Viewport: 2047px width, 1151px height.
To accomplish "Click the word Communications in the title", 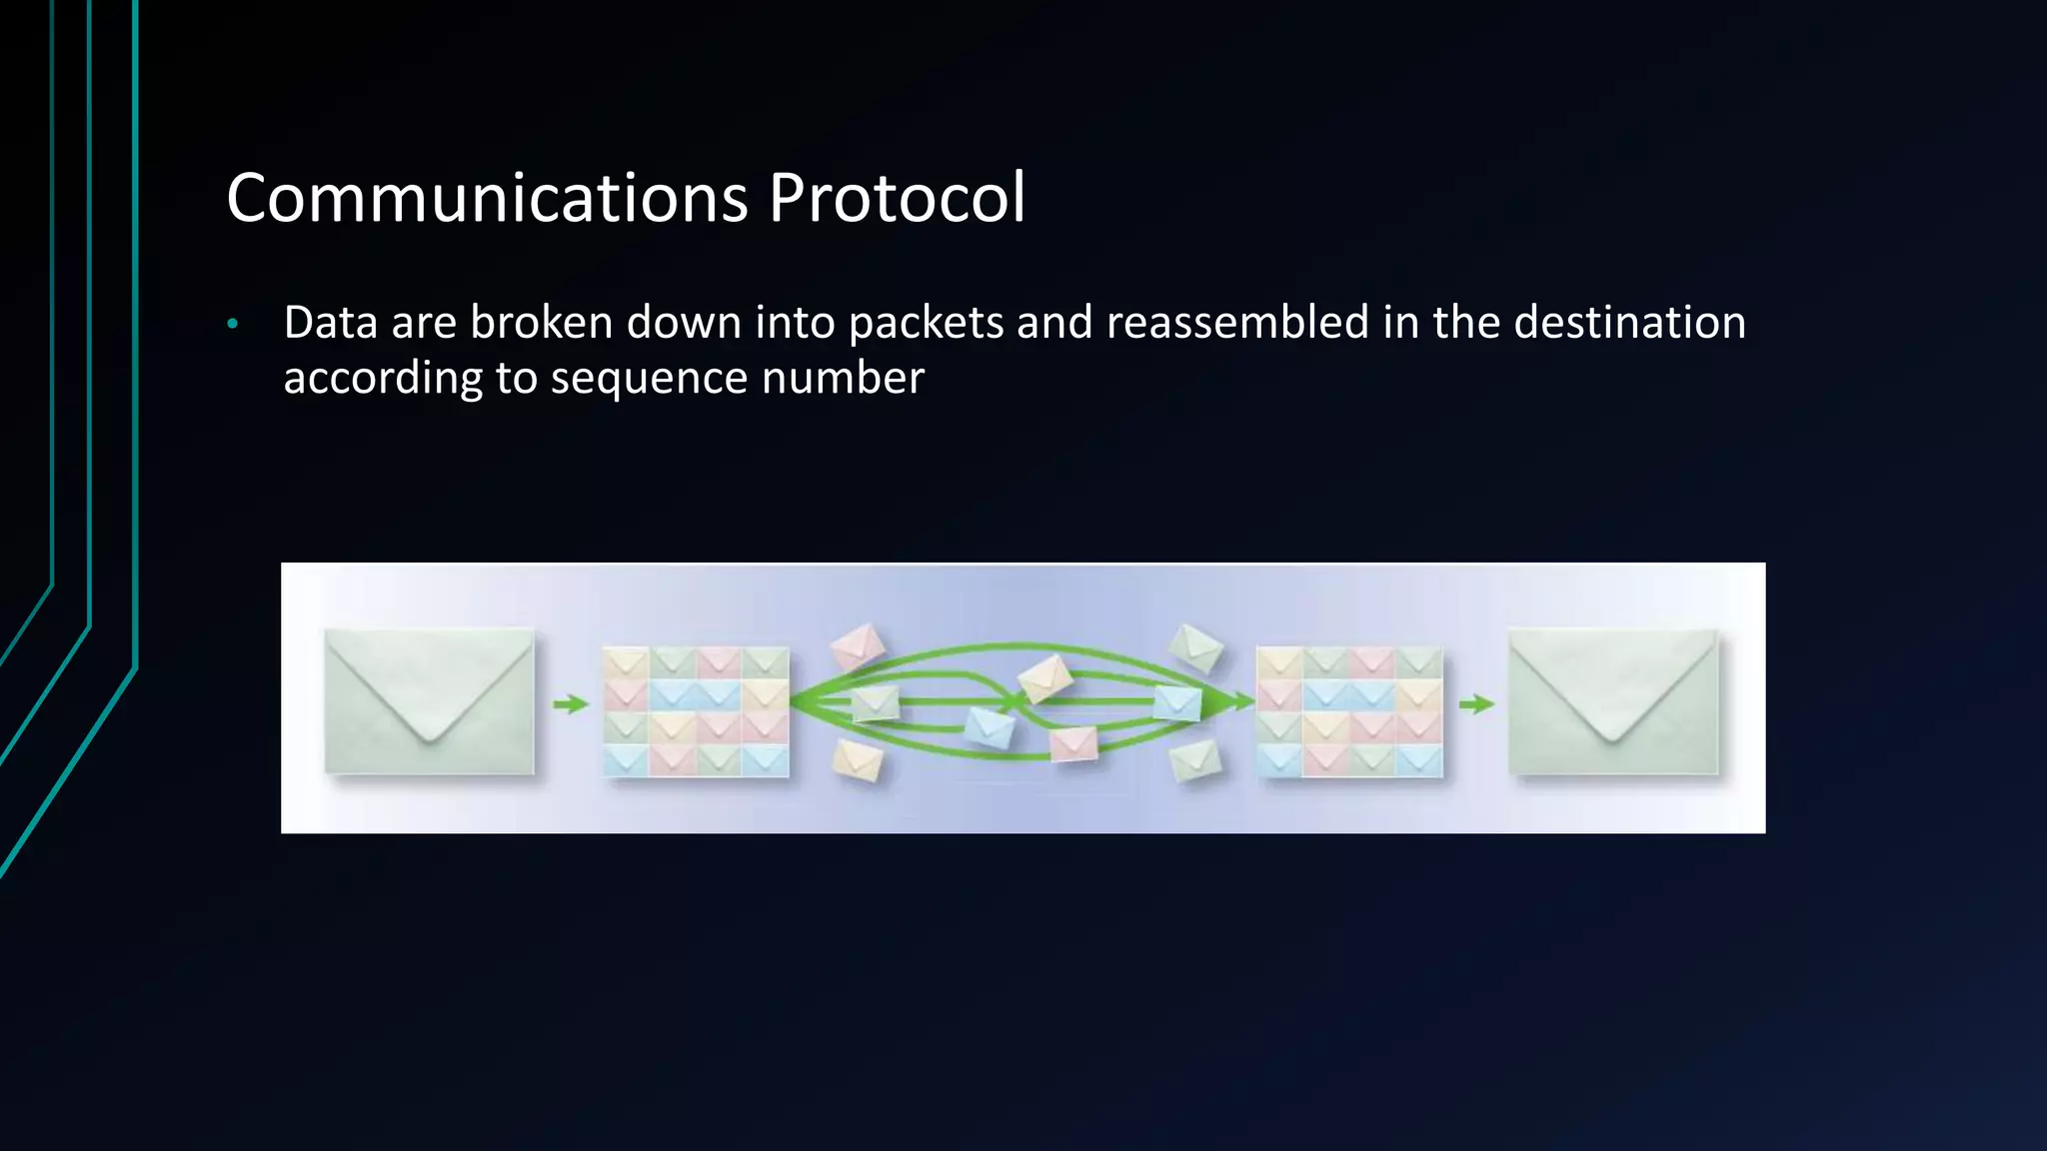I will point(487,198).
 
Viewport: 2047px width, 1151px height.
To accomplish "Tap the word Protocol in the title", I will point(897,198).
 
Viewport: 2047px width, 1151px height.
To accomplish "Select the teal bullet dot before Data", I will point(233,324).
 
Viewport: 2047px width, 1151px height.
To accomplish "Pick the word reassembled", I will point(1237,323).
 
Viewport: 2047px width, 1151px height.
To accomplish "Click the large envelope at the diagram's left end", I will point(429,700).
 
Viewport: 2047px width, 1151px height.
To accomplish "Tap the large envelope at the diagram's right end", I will point(1612,700).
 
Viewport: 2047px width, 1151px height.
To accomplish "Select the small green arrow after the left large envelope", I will point(571,704).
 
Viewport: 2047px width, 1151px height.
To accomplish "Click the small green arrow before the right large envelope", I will point(1476,704).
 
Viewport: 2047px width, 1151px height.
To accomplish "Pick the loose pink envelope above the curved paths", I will point(858,645).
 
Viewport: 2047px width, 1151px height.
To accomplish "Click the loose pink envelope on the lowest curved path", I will point(1073,743).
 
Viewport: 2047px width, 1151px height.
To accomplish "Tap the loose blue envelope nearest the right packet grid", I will point(1176,702).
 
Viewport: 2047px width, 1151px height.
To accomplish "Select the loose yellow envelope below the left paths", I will point(858,760).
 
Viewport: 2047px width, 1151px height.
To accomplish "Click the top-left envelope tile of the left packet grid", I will point(626,662).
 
